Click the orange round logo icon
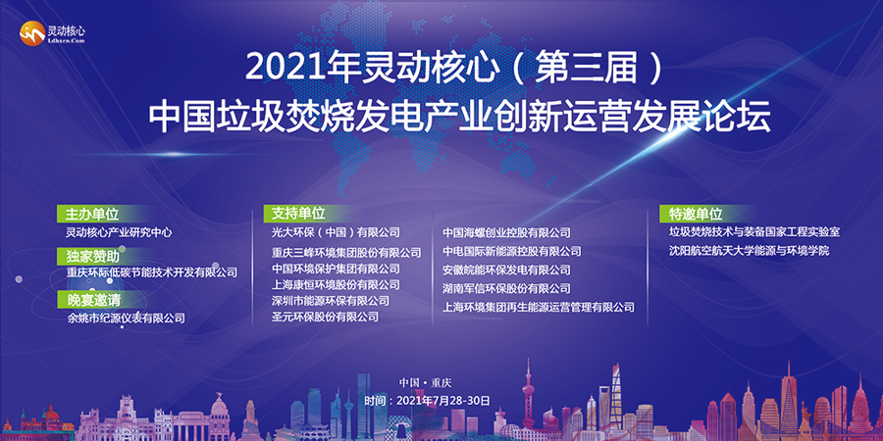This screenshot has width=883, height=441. (32, 33)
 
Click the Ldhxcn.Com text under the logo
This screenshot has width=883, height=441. (67, 40)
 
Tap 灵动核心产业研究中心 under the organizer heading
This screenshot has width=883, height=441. (119, 231)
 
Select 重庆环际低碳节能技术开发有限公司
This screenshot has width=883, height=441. (151, 272)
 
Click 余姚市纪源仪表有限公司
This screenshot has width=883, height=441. (126, 318)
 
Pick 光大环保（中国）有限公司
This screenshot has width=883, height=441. (336, 231)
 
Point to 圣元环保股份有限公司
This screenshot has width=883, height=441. (325, 318)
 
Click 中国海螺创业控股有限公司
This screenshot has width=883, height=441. (506, 232)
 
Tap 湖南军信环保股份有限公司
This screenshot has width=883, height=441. (506, 288)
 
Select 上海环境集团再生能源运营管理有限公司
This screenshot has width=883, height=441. (539, 307)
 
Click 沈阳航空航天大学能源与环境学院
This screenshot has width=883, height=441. (749, 251)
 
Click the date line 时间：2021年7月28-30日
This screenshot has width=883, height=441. (428, 401)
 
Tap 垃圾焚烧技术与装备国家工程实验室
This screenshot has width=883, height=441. (754, 231)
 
